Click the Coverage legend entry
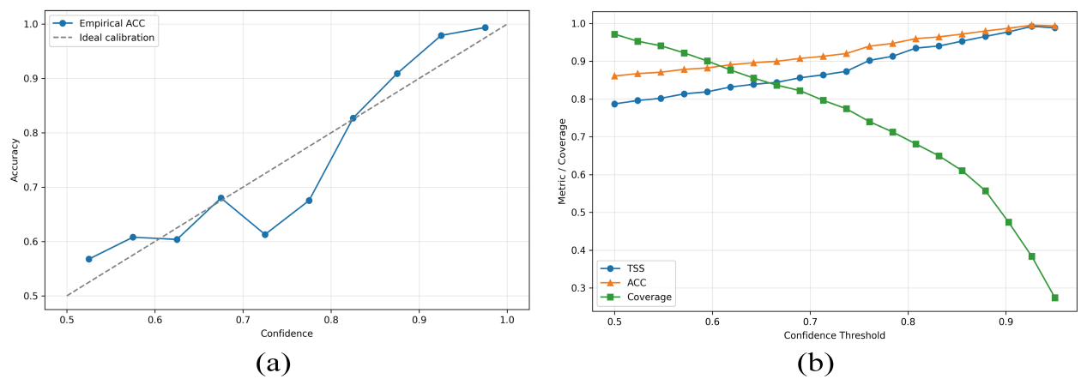(649, 298)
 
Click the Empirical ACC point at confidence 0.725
(265, 234)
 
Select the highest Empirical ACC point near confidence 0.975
(485, 27)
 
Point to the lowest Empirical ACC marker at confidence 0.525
(88, 259)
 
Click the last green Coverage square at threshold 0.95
(1054, 298)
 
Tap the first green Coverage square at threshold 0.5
(614, 34)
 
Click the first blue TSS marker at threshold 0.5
(614, 104)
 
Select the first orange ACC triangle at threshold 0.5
(614, 75)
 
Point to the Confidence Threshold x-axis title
(834, 335)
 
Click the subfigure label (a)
(274, 364)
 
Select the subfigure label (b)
(816, 364)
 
